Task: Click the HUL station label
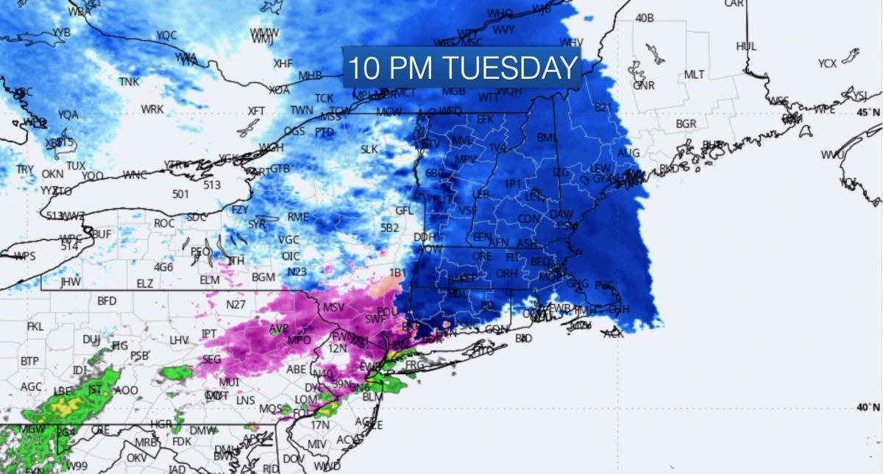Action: [746, 46]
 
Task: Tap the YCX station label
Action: [827, 64]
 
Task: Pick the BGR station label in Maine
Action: [686, 124]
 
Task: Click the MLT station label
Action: [694, 75]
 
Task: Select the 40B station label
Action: [644, 18]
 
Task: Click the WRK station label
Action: [152, 110]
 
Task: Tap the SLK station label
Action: [369, 149]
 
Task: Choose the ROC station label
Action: [164, 223]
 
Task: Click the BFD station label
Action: [107, 301]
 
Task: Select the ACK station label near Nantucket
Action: [613, 333]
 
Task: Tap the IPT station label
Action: [209, 334]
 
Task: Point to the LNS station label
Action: [246, 401]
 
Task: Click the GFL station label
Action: [404, 211]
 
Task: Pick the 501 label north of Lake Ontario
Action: [181, 194]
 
